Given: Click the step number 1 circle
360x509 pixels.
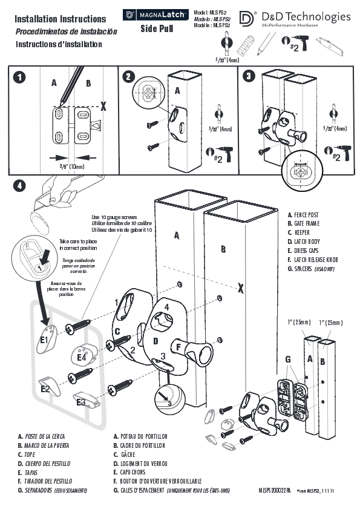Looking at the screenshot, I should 21,77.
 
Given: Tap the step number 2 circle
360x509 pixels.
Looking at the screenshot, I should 128,77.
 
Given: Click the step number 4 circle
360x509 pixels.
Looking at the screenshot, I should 21,186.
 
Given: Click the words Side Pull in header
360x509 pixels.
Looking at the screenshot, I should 157,28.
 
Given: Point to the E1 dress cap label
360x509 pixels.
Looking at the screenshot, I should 44,340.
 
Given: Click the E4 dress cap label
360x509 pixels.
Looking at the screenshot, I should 81,358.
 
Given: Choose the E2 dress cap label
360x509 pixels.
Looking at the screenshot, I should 45,389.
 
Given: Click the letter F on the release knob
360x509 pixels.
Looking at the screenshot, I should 179,347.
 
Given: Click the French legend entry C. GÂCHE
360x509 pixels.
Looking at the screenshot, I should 129,454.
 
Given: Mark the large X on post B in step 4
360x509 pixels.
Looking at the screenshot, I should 241,288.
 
